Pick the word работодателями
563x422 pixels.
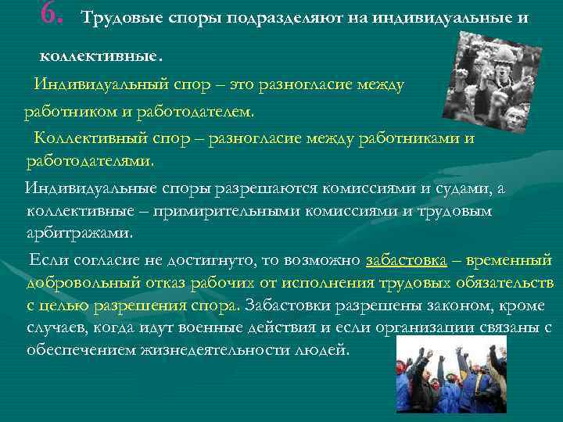[90, 162]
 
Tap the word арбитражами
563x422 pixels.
[79, 233]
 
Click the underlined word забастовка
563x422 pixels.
[406, 259]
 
